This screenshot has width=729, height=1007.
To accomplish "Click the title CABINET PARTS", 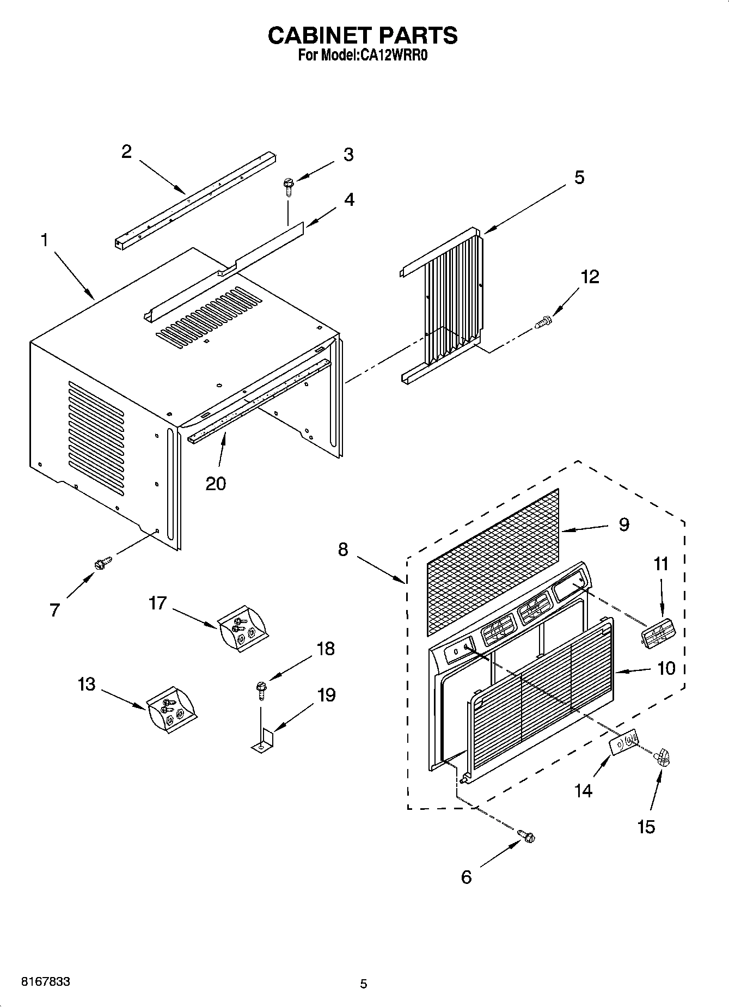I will pyautogui.click(x=363, y=35).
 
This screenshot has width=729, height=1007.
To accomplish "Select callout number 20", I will pyautogui.click(x=216, y=483).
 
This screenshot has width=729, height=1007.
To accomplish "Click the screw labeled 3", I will pyautogui.click(x=287, y=187).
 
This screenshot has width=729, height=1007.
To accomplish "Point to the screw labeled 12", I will pyautogui.click(x=542, y=323).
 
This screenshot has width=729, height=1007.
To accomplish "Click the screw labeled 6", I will pyautogui.click(x=527, y=835).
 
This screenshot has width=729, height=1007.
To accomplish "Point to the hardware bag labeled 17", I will pyautogui.click(x=242, y=630).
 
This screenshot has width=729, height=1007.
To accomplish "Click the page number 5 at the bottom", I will pyautogui.click(x=364, y=984).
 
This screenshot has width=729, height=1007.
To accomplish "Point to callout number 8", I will pyautogui.click(x=342, y=550).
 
